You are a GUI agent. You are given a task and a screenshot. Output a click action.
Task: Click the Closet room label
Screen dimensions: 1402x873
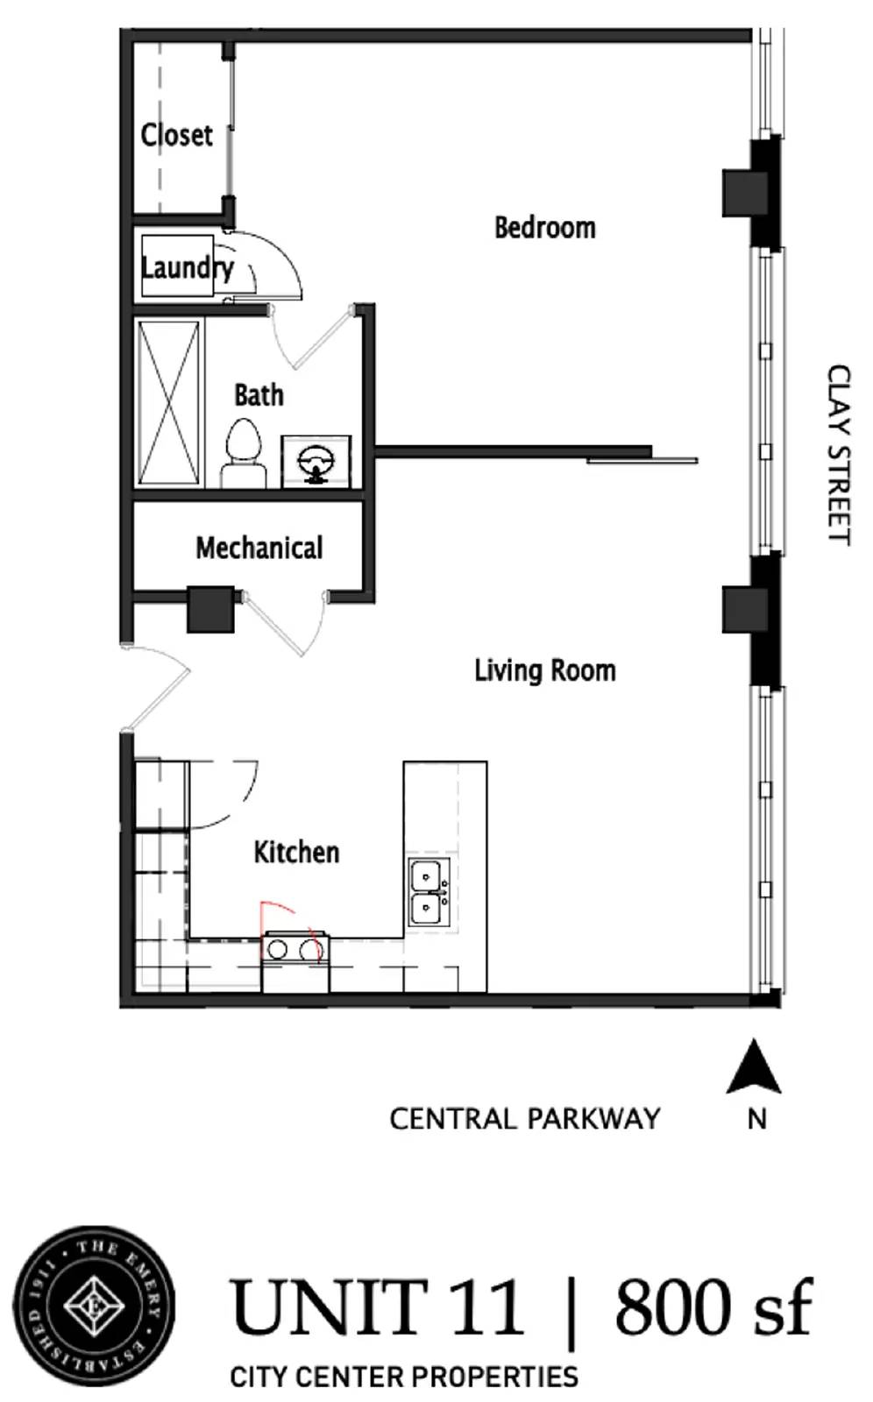176,135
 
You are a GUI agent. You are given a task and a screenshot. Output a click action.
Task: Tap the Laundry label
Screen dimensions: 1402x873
187,267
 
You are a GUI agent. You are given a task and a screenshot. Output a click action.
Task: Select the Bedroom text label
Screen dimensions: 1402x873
544,228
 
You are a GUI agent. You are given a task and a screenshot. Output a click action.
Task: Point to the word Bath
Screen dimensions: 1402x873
259,395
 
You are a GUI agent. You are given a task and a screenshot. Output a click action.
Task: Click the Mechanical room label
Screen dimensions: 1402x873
259,549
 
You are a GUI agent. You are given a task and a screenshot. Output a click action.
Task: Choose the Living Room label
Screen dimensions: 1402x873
544,671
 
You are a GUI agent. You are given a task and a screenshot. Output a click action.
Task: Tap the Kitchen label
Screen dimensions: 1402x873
296,852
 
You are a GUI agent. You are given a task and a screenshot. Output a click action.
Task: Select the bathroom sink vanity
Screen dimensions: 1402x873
316,461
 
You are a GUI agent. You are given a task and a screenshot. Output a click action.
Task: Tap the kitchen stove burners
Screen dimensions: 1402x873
295,948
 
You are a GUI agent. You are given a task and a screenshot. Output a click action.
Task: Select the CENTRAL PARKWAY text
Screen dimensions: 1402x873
524,1119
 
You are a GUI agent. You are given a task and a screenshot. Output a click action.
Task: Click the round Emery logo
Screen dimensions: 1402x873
93,1306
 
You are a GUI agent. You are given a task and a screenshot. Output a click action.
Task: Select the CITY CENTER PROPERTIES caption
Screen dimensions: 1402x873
403,1377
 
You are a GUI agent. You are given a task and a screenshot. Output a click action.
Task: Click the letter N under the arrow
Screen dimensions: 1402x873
756,1119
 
